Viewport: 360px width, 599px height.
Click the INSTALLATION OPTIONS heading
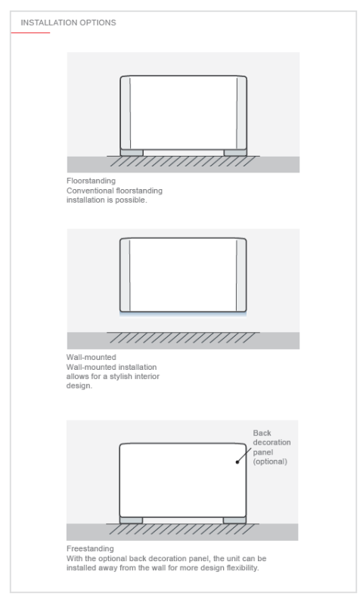68,23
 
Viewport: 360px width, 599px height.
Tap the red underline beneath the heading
30,33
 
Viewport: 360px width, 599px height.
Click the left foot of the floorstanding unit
132,153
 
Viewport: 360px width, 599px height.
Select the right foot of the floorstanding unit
235,153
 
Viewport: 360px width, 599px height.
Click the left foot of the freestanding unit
131,520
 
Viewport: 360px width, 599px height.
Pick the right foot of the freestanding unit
234,520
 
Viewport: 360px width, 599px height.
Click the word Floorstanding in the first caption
91,181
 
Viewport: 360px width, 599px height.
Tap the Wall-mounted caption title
92,357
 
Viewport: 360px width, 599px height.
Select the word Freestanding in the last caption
90,548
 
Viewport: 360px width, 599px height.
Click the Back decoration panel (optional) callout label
272,447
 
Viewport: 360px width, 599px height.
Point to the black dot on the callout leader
237,462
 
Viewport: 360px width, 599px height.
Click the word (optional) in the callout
270,461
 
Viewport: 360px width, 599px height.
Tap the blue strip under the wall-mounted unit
183,314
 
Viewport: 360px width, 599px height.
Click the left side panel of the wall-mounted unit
125,275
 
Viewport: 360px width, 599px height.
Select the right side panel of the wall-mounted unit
241,275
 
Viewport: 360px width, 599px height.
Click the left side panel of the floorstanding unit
126,113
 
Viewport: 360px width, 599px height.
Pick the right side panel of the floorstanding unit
241,113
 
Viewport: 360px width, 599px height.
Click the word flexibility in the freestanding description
243,568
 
